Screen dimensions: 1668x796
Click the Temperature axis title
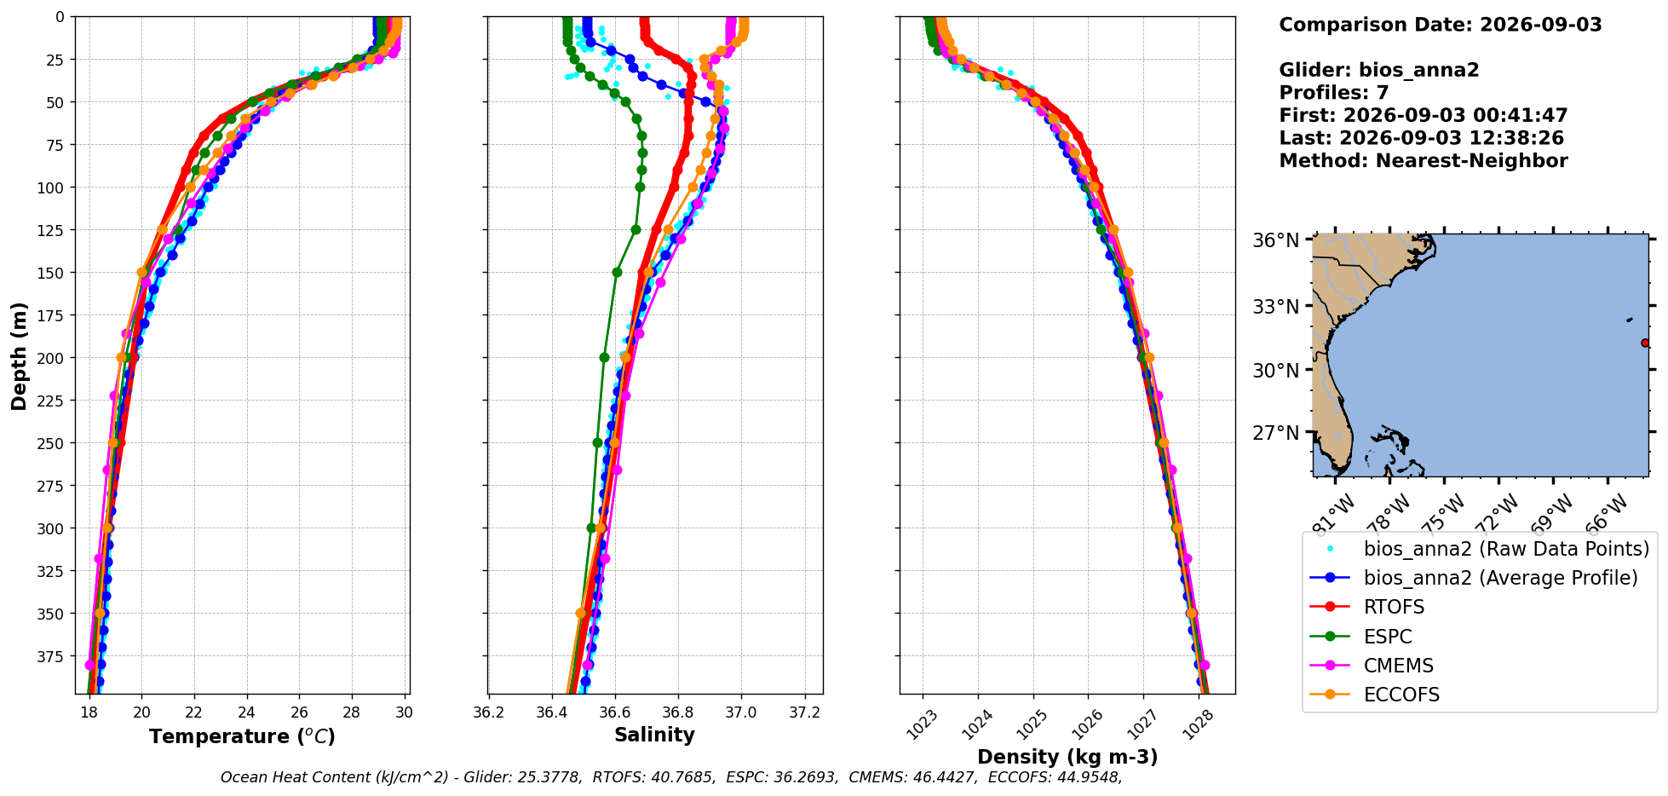click(x=242, y=736)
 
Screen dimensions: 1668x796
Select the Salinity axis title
click(x=654, y=735)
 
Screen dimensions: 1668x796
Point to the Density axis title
click(x=1067, y=757)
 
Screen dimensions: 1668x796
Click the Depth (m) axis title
click(x=20, y=355)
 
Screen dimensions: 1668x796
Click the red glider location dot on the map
click(x=1645, y=343)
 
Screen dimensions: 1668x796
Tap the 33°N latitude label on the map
click(x=1276, y=306)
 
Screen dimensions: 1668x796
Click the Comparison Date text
click(x=1441, y=25)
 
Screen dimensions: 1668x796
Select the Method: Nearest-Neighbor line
click(x=1424, y=161)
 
